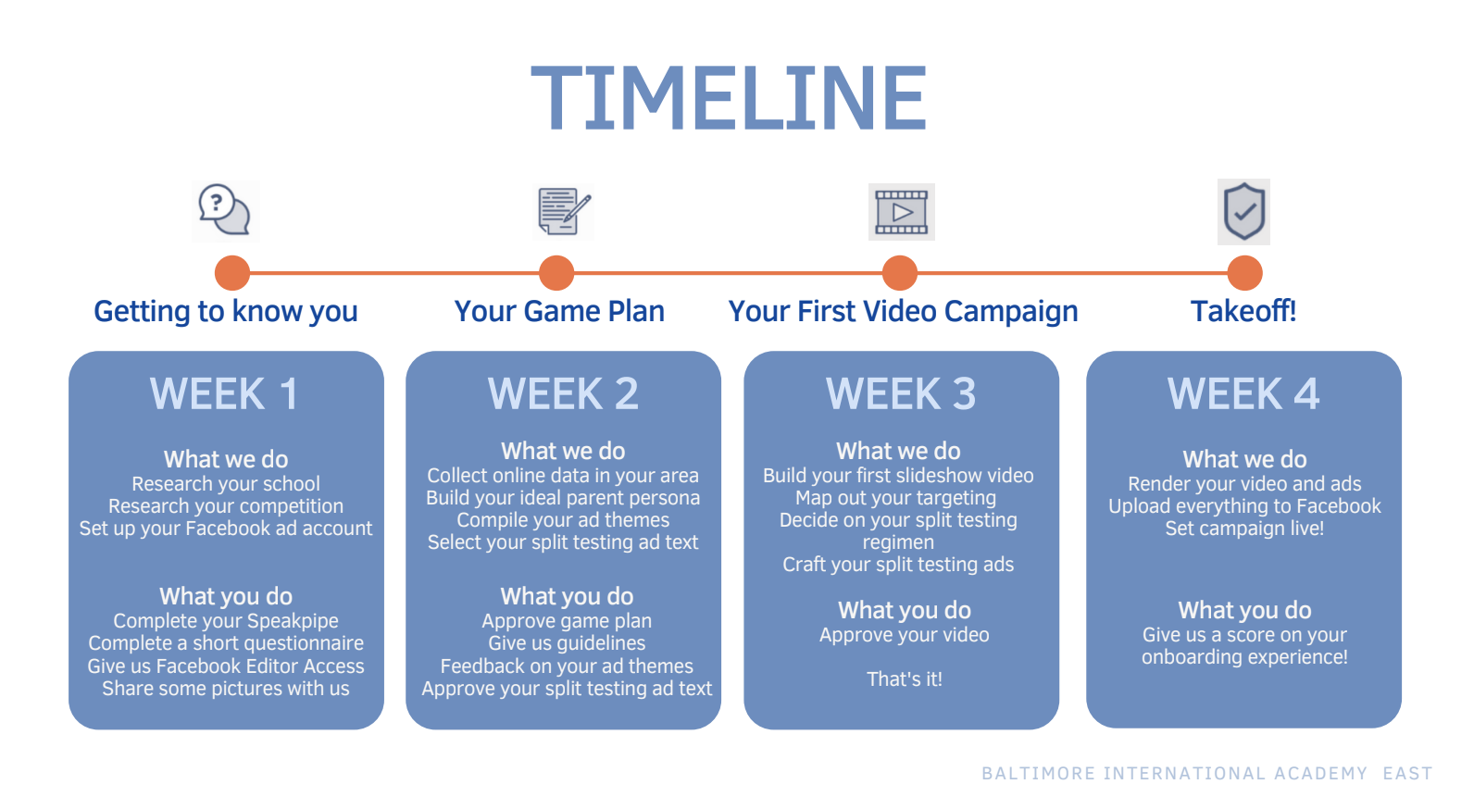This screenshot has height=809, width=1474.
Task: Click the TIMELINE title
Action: tap(729, 98)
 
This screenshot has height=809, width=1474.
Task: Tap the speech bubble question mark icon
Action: tap(225, 210)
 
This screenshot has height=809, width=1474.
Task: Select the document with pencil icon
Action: tap(564, 211)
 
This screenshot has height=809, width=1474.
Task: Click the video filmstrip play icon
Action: tap(901, 212)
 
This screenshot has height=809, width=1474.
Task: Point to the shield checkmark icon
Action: tap(1243, 211)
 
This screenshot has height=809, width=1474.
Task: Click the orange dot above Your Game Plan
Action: tap(556, 273)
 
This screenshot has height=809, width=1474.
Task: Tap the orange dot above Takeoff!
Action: tap(1244, 273)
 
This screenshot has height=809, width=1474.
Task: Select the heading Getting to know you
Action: tap(226, 311)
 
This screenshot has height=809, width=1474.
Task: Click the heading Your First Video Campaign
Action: tap(903, 311)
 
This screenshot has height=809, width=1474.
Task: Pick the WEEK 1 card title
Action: tap(225, 394)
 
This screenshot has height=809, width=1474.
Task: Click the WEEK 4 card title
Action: tap(1243, 394)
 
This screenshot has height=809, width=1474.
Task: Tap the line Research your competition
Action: tap(226, 506)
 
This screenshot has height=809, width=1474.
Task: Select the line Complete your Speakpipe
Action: tap(226, 621)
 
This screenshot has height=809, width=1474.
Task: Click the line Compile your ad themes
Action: tap(563, 520)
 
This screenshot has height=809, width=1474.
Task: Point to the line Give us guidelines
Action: tap(567, 643)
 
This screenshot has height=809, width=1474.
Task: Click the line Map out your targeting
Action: tap(896, 498)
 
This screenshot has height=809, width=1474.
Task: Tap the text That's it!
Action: tap(904, 679)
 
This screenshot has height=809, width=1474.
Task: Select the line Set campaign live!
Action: tap(1244, 529)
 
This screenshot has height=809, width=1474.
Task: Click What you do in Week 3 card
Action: tap(904, 611)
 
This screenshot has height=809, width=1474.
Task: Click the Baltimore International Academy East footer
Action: tap(1206, 774)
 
